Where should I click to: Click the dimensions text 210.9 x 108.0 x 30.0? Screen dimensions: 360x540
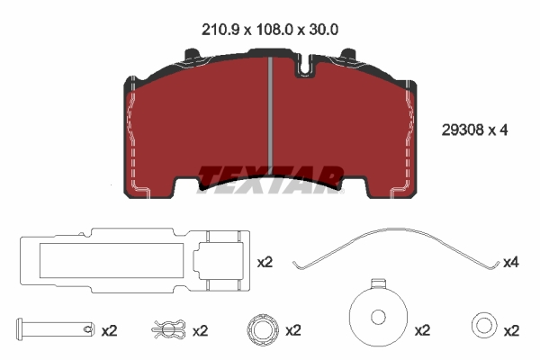point(270,29)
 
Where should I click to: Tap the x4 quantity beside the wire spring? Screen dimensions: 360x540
point(511,262)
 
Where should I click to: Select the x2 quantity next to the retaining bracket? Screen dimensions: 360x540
point(265,262)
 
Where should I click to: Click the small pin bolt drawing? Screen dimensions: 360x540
point(54,329)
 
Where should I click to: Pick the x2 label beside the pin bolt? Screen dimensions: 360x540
point(109,330)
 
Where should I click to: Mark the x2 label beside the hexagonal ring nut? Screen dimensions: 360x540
point(292,330)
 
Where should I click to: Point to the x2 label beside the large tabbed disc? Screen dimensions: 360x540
point(421,330)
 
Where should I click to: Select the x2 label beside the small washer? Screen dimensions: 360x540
point(511,330)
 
